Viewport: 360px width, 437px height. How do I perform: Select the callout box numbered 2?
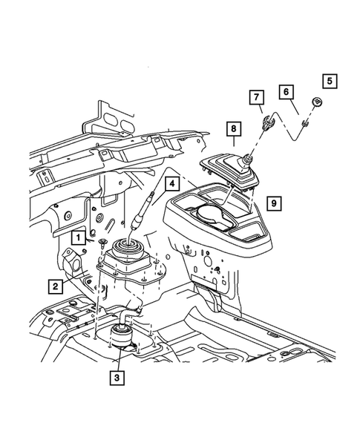56,285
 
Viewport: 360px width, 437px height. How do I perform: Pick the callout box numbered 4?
171,183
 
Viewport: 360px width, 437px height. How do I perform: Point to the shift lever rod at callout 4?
141,219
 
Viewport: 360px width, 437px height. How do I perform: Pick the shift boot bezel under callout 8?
227,171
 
